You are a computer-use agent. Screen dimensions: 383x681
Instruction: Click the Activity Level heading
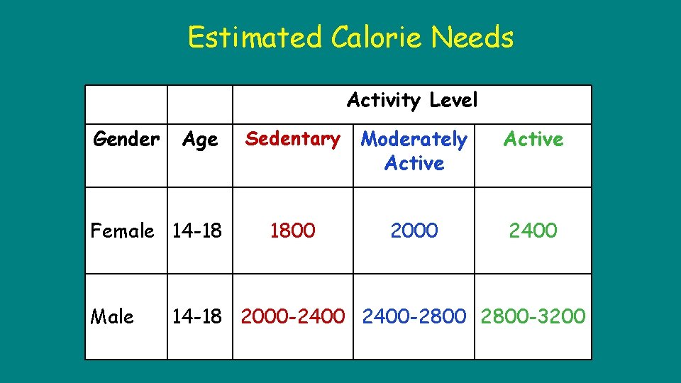click(412, 101)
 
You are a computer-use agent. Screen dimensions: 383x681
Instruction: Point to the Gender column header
click(126, 140)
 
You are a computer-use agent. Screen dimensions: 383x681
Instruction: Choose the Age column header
click(200, 140)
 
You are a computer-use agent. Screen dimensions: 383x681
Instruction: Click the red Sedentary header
click(292, 139)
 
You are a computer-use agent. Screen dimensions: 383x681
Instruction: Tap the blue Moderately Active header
click(414, 151)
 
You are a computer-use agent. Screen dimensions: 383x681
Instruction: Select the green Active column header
click(533, 140)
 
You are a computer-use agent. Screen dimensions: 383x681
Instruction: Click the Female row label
click(122, 231)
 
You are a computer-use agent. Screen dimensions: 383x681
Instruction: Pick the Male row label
click(112, 316)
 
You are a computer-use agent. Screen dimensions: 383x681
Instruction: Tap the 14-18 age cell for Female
click(196, 231)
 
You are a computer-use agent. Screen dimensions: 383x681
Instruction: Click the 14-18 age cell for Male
click(196, 316)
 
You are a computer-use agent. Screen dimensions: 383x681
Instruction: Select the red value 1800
click(292, 231)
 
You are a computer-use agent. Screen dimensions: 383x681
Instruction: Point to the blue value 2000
click(414, 231)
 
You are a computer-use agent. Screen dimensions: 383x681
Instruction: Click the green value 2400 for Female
click(533, 231)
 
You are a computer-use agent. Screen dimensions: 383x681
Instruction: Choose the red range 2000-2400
click(292, 316)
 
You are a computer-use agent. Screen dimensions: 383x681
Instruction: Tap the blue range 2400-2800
click(414, 316)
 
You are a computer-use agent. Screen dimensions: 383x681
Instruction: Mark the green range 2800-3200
click(533, 316)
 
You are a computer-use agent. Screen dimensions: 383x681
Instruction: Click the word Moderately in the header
click(414, 140)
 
